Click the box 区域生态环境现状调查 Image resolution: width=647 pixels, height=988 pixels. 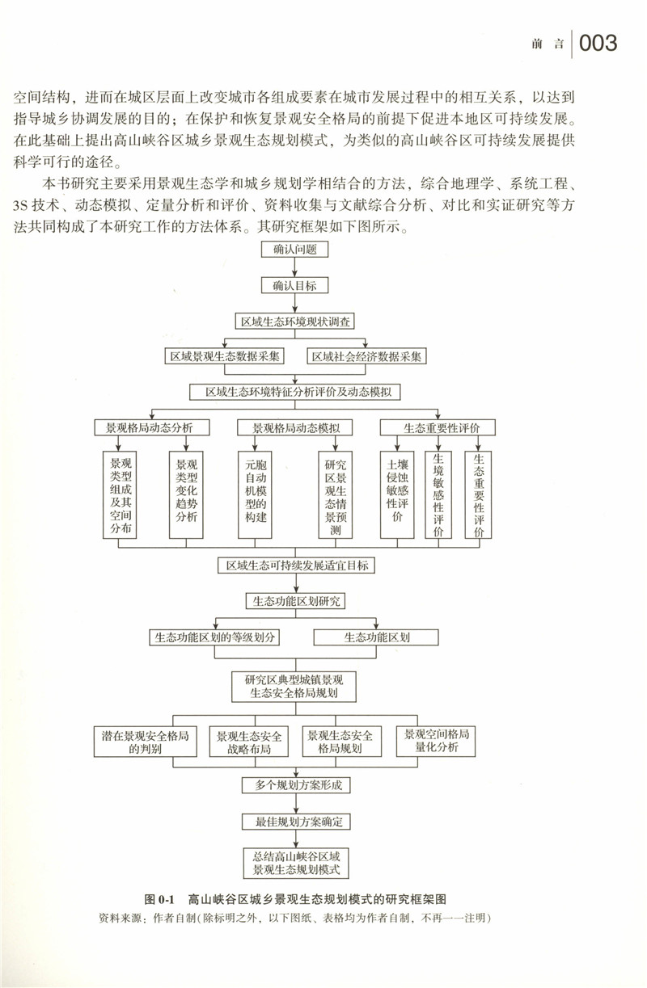point(295,321)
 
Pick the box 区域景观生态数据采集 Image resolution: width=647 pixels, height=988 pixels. point(224,355)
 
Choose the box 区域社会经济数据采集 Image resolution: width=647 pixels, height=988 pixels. point(369,355)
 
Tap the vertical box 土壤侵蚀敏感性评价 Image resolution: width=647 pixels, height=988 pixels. point(397,494)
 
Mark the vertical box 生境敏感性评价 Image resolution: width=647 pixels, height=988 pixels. point(438,494)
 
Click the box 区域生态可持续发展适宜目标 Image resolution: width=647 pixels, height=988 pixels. point(296,565)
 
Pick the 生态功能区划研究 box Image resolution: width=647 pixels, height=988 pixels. point(295,601)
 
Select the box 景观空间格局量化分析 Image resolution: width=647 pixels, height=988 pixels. point(437,741)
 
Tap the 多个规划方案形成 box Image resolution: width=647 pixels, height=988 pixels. point(296,784)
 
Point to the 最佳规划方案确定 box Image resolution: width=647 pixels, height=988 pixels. point(296,822)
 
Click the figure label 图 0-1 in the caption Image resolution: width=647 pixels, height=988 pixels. point(160,898)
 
